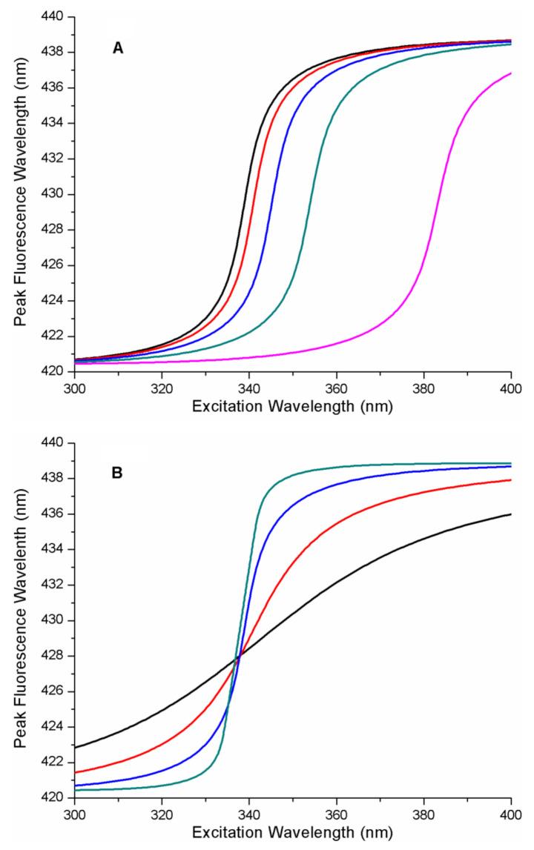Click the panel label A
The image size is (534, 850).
tap(118, 48)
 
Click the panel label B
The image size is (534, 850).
tap(117, 472)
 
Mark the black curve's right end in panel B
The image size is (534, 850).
tap(511, 514)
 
